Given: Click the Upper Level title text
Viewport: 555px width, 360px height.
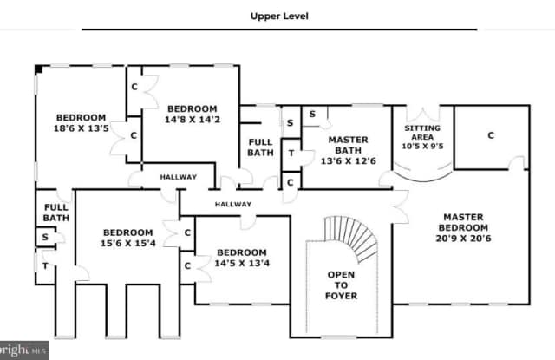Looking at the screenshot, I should pyautogui.click(x=279, y=16).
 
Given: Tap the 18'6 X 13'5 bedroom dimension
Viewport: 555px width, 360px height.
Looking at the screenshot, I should pyautogui.click(x=81, y=129).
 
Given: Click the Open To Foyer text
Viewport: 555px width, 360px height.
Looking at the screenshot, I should pyautogui.click(x=342, y=285).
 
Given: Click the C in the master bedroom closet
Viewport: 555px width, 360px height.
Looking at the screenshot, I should pyautogui.click(x=490, y=135).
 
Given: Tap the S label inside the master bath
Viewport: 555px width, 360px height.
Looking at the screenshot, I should pyautogui.click(x=310, y=114).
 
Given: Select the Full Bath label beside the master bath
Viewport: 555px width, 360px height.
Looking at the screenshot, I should pyautogui.click(x=261, y=147).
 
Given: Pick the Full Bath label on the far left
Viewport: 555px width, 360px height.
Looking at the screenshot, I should pyautogui.click(x=55, y=213).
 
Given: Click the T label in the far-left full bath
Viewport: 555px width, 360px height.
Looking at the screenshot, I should pyautogui.click(x=44, y=265).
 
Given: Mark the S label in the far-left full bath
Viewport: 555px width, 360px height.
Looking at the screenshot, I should pyautogui.click(x=44, y=237).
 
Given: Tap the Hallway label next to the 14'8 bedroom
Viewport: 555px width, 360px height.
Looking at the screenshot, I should pyautogui.click(x=178, y=177).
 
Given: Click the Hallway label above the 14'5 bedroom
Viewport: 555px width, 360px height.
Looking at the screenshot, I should pyautogui.click(x=233, y=205).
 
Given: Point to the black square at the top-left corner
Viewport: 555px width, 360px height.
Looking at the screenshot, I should pyautogui.click(x=39, y=69).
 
